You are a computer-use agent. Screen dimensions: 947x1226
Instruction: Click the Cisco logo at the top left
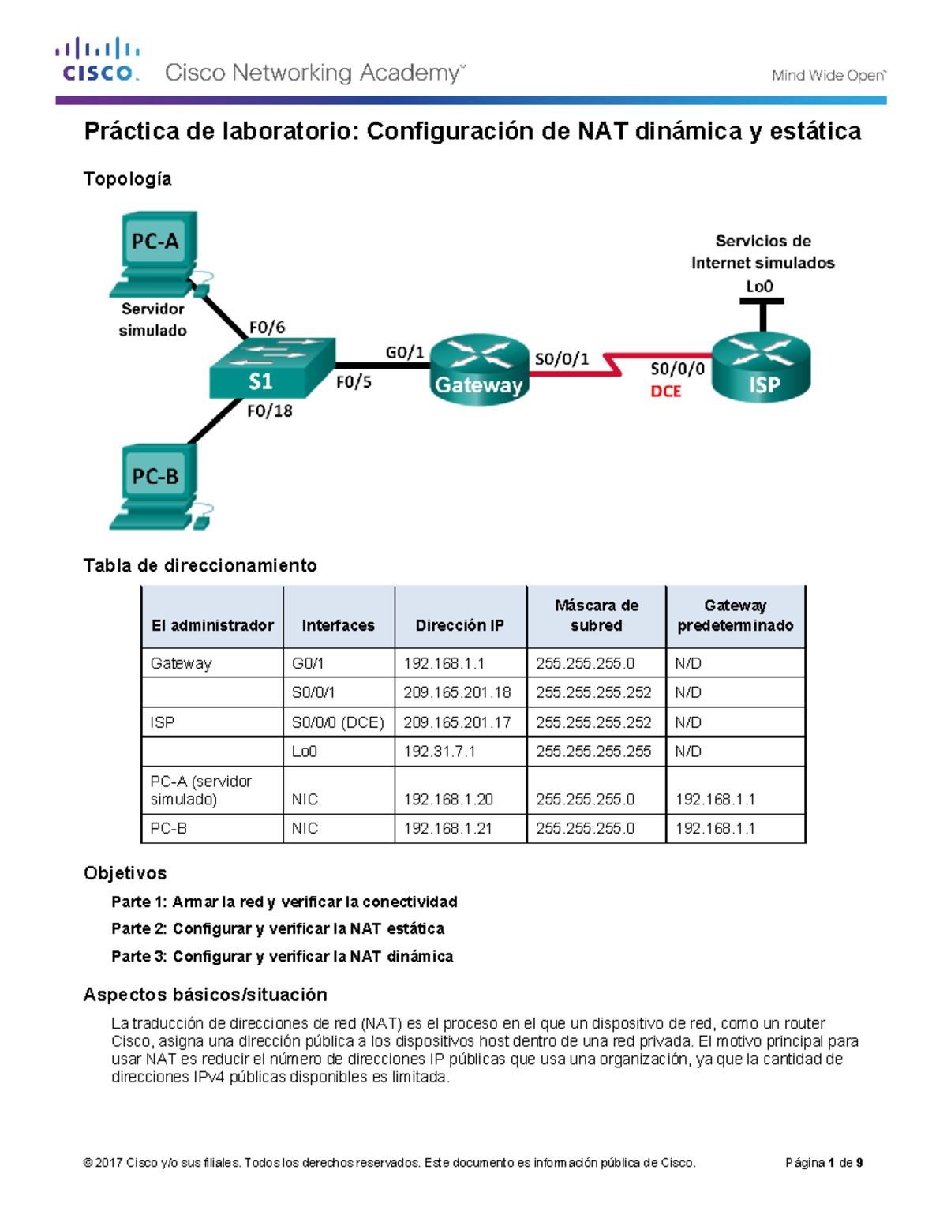(x=98, y=59)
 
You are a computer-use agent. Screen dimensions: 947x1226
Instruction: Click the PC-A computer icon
(x=159, y=254)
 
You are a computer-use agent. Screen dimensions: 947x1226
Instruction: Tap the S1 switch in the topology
(x=272, y=369)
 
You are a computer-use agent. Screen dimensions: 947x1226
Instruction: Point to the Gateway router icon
(x=479, y=369)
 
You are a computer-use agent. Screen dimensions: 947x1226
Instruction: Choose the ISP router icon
(x=761, y=368)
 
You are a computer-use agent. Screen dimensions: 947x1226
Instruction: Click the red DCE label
(x=665, y=392)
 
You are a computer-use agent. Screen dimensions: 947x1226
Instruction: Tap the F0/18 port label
(x=270, y=411)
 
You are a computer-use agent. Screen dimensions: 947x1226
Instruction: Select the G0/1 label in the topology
(x=404, y=353)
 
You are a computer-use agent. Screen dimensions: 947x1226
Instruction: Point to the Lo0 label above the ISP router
(x=760, y=287)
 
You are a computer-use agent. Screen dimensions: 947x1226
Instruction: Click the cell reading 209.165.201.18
(x=457, y=692)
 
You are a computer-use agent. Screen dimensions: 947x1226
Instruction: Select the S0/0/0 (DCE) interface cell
(x=338, y=723)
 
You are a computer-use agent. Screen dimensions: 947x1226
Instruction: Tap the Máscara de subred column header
(x=596, y=616)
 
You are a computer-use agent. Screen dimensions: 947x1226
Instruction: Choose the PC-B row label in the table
(x=168, y=828)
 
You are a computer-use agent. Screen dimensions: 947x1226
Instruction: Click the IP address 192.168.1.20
(x=448, y=800)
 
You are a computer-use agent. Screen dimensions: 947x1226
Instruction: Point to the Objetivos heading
(x=125, y=873)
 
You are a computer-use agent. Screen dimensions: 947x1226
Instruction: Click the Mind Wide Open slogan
(x=829, y=75)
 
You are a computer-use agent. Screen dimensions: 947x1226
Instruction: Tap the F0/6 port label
(x=267, y=328)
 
